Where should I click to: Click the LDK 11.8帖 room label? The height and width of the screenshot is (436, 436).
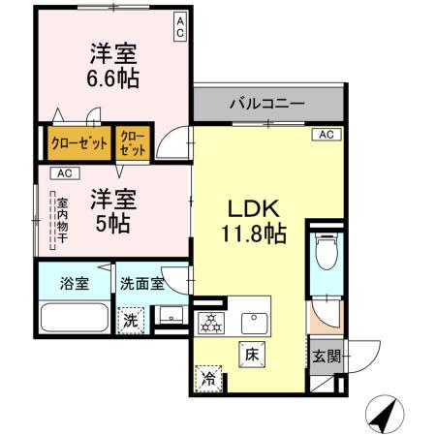[x=255, y=220]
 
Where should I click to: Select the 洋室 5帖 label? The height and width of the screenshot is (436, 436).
[x=113, y=209]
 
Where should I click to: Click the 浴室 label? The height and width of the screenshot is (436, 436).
[x=74, y=284]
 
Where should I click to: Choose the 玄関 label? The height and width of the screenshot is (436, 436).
[x=327, y=356]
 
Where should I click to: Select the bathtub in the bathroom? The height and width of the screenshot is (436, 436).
[x=74, y=318]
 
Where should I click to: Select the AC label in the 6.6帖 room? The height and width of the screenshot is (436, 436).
[x=180, y=27]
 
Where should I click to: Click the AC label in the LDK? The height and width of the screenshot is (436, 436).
[x=326, y=134]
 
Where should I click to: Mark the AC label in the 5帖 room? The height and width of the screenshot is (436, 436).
[x=63, y=173]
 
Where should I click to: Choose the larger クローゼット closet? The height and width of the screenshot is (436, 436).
[x=79, y=143]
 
